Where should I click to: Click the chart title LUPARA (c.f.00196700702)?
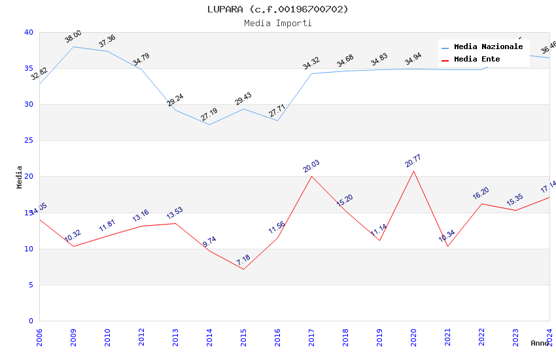[277, 9]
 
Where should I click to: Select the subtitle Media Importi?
[277, 23]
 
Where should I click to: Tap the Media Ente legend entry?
[477, 60]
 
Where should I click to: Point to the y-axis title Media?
[20, 177]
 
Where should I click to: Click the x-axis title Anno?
[540, 343]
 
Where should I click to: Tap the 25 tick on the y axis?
[29, 141]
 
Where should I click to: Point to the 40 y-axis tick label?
[29, 32]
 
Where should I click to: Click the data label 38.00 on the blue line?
[73, 37]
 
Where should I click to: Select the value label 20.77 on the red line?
[413, 161]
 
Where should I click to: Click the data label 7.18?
[243, 259]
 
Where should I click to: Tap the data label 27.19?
[209, 115]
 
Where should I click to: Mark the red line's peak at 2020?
[413, 171]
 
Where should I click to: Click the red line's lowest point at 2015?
[243, 269]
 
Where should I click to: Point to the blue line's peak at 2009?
[73, 46]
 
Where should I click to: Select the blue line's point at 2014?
[209, 124]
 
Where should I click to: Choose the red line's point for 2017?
[311, 176]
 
